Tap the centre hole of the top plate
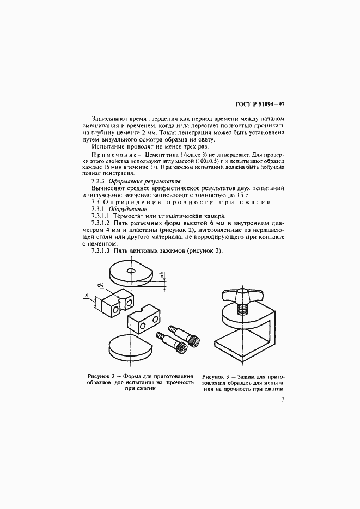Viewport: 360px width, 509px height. (x=131, y=270)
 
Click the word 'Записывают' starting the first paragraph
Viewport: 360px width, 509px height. (x=111, y=118)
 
